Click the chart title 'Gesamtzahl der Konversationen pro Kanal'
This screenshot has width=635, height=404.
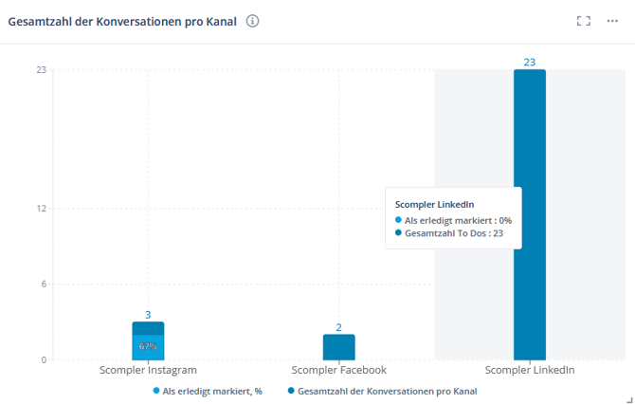pyautogui.click(x=122, y=22)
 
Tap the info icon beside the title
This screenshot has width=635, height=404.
pyautogui.click(x=253, y=22)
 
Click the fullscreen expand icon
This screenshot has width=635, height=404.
pyautogui.click(x=584, y=22)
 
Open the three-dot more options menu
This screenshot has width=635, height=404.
pyautogui.click(x=612, y=22)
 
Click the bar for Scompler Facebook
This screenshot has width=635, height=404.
pyautogui.click(x=338, y=347)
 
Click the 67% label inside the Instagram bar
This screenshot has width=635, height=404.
pyautogui.click(x=148, y=346)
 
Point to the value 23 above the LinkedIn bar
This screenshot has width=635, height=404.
pyautogui.click(x=530, y=63)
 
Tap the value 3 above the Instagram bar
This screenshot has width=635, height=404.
pyautogui.click(x=148, y=315)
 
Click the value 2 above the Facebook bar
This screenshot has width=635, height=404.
pyautogui.click(x=338, y=327)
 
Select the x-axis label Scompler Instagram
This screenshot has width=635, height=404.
pyautogui.click(x=148, y=371)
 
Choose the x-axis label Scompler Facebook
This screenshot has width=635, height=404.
pyautogui.click(x=338, y=371)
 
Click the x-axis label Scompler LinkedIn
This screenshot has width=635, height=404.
pyautogui.click(x=530, y=371)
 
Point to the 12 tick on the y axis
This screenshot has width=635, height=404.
pyautogui.click(x=42, y=209)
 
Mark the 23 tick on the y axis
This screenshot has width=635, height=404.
pyautogui.click(x=42, y=69)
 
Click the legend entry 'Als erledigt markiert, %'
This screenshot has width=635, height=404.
pyautogui.click(x=211, y=391)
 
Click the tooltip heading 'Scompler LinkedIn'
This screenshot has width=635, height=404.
pyautogui.click(x=434, y=204)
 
